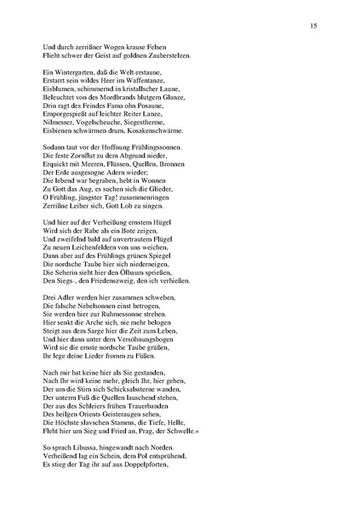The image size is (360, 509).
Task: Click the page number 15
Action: (315, 27)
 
